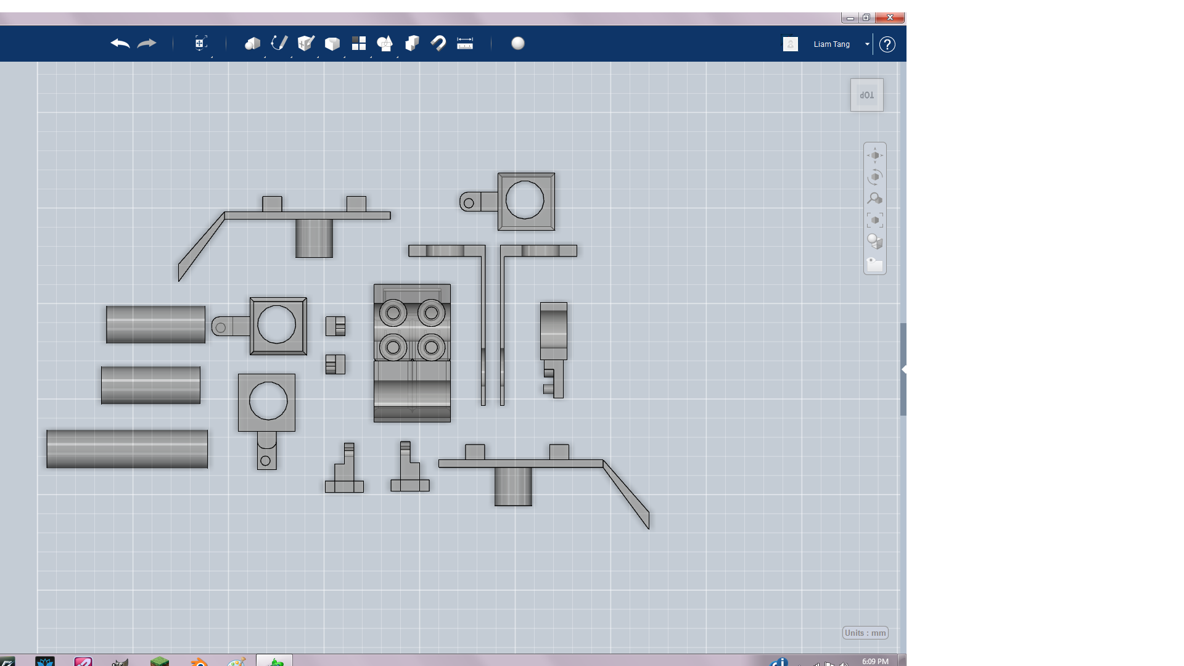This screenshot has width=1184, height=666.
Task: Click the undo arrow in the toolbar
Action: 120,43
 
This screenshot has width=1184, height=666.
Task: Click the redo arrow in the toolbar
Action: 147,43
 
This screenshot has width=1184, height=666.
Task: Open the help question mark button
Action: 887,44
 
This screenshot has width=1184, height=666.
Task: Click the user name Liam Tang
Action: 831,44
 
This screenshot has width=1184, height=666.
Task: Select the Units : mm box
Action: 865,633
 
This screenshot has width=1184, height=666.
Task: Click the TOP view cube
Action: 866,95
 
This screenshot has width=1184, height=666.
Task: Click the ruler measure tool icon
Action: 464,43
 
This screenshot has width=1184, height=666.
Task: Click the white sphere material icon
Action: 518,43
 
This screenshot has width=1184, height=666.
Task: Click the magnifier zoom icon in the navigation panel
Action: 874,199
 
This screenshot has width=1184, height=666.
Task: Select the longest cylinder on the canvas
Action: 127,449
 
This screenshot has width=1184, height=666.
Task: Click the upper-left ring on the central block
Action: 393,313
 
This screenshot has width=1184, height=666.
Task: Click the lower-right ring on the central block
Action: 432,348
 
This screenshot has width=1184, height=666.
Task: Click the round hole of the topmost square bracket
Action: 525,200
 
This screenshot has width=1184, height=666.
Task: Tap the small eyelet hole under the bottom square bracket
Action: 265,461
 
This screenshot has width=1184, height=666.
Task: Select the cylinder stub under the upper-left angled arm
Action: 314,239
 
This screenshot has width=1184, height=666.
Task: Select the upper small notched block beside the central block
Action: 335,326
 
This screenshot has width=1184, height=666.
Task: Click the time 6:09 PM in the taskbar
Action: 874,661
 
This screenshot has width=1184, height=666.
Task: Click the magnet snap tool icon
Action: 438,43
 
